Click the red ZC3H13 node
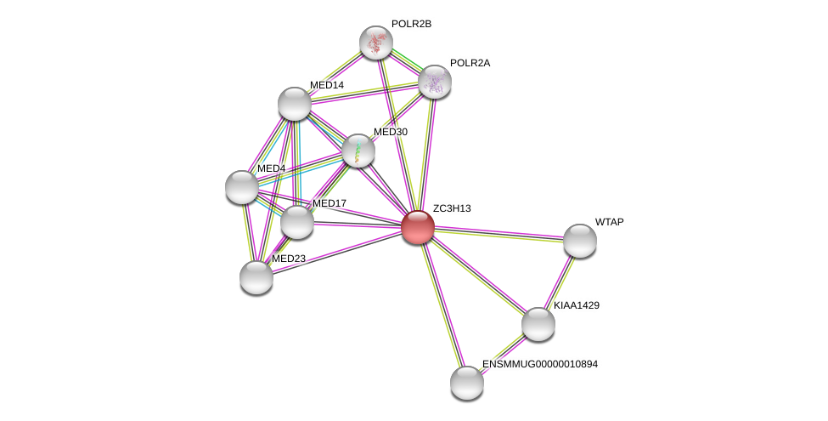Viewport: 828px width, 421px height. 418,227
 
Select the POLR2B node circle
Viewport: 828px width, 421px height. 375,43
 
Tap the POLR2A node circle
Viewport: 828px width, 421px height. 434,82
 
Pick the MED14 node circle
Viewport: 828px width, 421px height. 295,104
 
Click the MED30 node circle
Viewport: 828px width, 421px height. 358,151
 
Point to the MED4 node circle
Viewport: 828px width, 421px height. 241,187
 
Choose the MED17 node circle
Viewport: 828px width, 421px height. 297,222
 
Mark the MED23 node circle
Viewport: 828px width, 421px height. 256,276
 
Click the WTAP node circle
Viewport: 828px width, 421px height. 580,240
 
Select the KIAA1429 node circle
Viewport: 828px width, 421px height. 538,323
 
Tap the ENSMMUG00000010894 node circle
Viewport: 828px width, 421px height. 466,382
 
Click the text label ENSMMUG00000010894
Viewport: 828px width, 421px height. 539,364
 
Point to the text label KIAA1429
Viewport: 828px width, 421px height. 580,305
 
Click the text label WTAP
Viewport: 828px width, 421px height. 609,222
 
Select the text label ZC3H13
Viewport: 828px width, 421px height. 451,208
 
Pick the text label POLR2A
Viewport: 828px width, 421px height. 470,63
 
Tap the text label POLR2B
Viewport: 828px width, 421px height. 411,24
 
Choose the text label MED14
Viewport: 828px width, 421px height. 326,85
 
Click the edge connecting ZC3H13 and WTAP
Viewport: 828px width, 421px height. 499,233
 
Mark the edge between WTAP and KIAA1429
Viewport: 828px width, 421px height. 559,282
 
